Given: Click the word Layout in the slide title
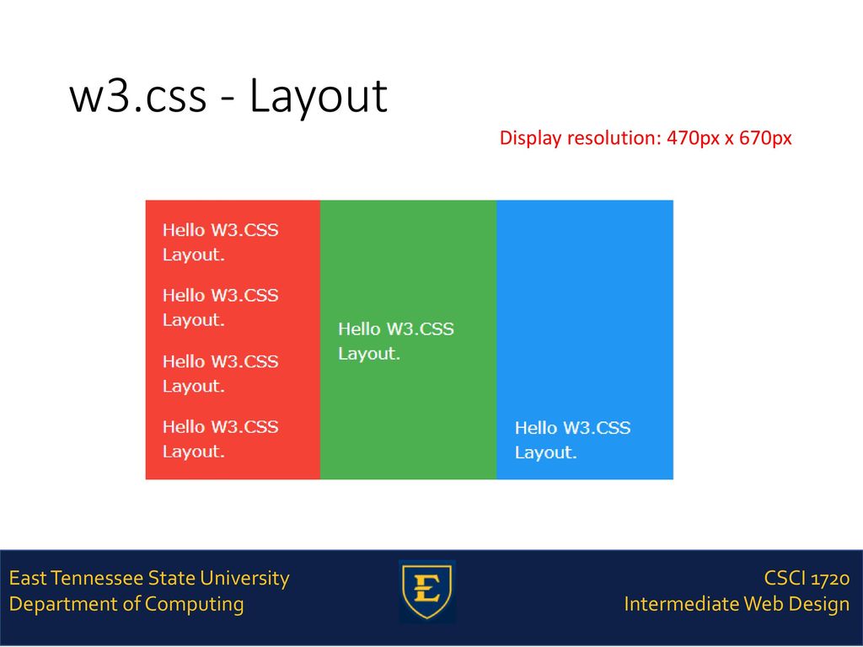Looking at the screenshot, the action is tap(319, 97).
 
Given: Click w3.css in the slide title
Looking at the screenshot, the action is tap(138, 97).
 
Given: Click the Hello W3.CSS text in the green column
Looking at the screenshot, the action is tap(396, 329).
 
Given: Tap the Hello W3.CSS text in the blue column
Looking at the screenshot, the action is tap(573, 428).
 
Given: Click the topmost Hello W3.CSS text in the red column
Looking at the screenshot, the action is tap(221, 230).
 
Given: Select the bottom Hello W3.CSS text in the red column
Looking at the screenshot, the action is tap(221, 427).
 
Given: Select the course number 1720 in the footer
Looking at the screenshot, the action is tap(830, 579).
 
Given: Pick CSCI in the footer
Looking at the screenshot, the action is tap(785, 579).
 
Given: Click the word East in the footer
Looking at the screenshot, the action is tap(28, 578).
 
